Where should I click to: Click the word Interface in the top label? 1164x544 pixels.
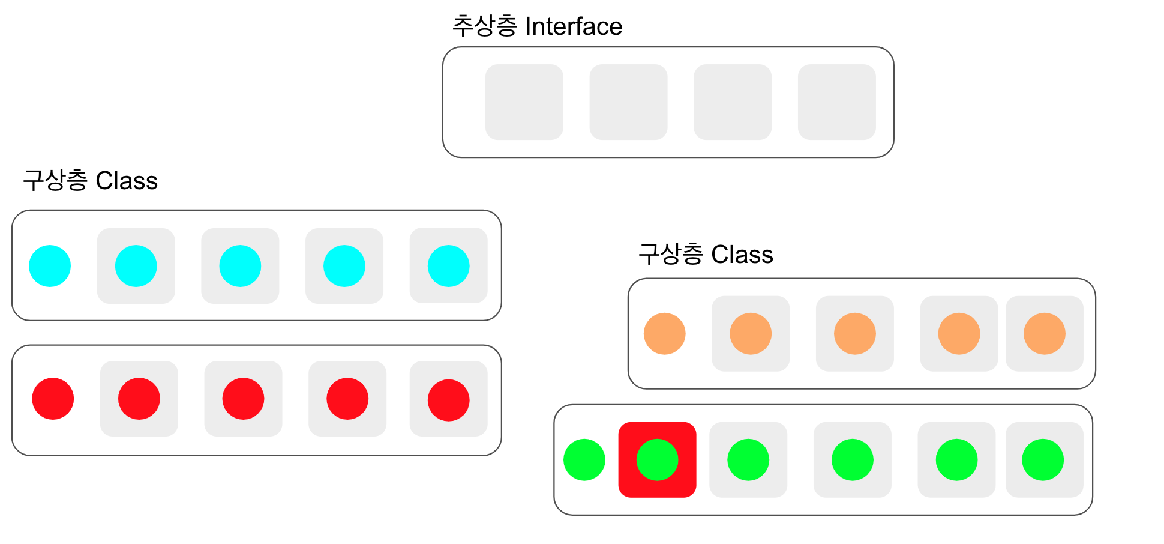[x=574, y=26]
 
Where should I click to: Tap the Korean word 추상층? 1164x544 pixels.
[x=484, y=26]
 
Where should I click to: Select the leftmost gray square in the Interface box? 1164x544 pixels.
[x=524, y=102]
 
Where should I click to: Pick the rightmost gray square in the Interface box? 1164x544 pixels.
[x=836, y=102]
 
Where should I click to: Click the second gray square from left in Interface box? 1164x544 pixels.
[x=628, y=102]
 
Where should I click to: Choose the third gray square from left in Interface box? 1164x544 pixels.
[x=733, y=102]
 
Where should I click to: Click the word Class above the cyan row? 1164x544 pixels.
[x=127, y=181]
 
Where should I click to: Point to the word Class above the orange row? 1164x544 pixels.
[x=742, y=255]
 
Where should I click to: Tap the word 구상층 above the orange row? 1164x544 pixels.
[x=671, y=255]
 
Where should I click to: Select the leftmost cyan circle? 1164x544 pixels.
[x=50, y=266]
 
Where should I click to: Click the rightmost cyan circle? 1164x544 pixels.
[x=448, y=266]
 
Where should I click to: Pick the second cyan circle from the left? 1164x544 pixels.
[x=136, y=266]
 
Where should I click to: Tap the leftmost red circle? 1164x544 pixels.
[x=53, y=399]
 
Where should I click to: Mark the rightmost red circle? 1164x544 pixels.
[x=448, y=400]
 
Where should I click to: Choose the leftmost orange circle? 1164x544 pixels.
[x=664, y=334]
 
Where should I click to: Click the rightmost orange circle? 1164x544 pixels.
[x=1044, y=334]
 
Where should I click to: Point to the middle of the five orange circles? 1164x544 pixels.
[x=854, y=334]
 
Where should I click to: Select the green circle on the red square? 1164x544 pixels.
[x=657, y=460]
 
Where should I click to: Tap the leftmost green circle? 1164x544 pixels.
[x=584, y=460]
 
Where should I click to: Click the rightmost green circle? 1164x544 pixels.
[x=1043, y=460]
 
